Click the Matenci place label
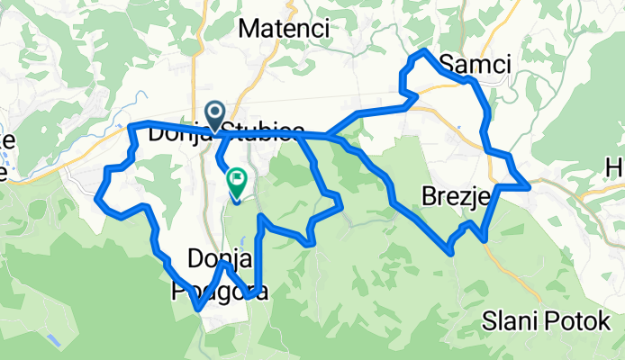point(284,29)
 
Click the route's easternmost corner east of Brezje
point(527,185)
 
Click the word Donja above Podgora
point(217,260)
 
